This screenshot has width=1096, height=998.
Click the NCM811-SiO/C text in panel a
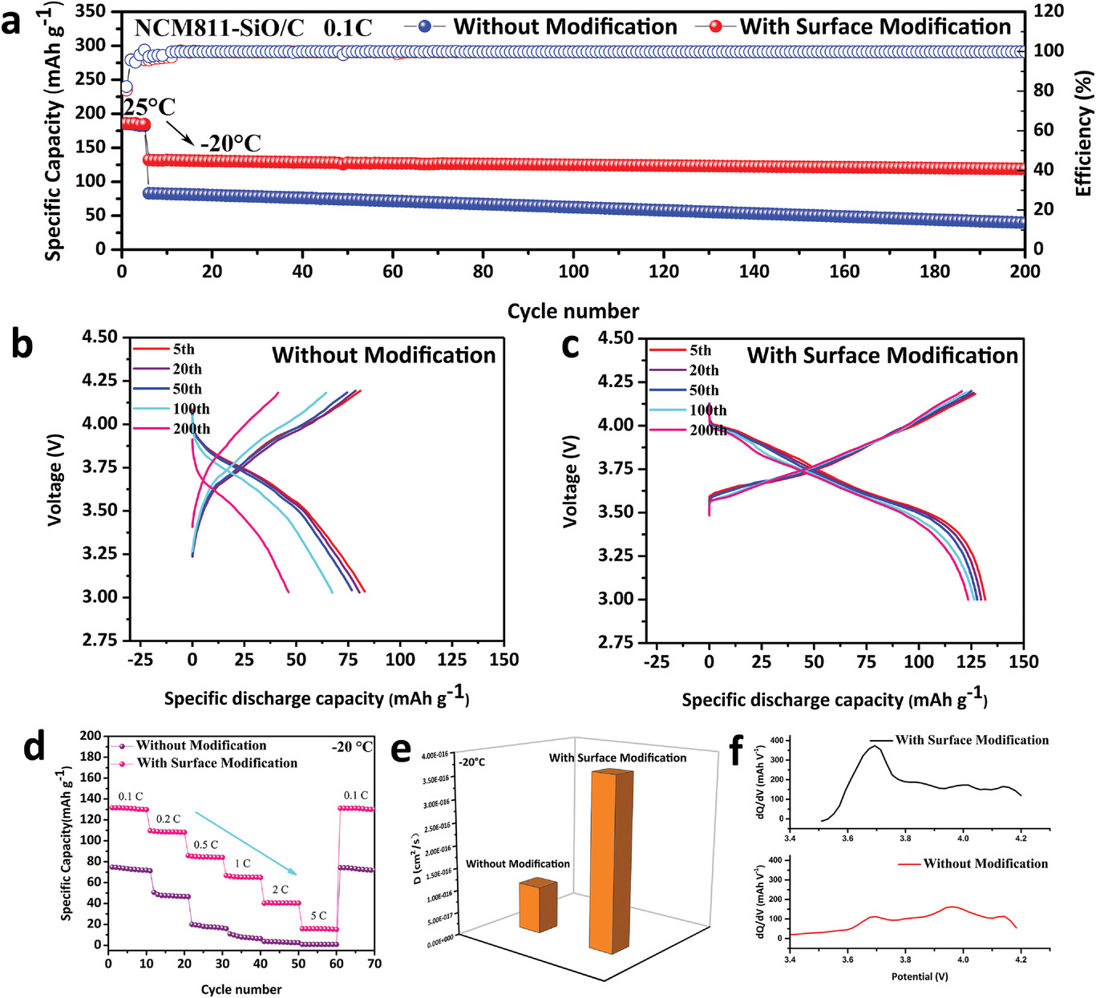click(x=219, y=29)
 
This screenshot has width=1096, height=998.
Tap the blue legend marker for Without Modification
click(x=425, y=26)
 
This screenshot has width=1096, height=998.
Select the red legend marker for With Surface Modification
click(x=716, y=26)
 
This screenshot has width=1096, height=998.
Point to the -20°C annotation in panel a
click(x=230, y=143)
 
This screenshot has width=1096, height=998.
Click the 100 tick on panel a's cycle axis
click(x=573, y=272)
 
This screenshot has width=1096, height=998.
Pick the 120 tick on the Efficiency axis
click(x=1048, y=11)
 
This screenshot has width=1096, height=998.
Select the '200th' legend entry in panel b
click(x=191, y=429)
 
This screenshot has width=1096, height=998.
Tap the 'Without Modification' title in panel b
click(x=383, y=355)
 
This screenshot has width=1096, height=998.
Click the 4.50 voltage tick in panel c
click(x=616, y=338)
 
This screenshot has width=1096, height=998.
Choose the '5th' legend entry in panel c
click(x=700, y=350)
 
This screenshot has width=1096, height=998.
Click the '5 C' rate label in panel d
click(x=318, y=915)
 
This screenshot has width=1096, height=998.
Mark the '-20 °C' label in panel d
click(x=352, y=747)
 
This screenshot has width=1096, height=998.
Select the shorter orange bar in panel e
click(x=536, y=906)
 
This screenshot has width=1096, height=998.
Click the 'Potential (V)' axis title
click(x=919, y=976)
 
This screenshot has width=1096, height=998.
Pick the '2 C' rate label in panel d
click(x=280, y=890)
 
